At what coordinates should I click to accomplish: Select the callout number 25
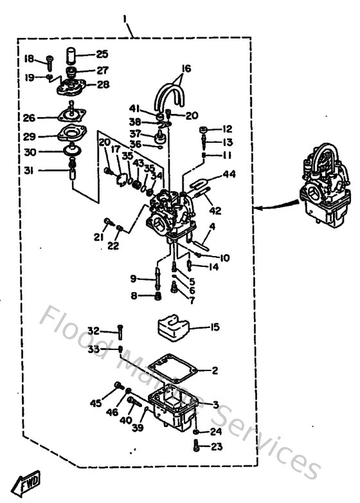pos(103,55)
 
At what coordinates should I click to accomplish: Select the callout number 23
pos(215,446)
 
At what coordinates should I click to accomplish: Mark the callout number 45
pos(96,403)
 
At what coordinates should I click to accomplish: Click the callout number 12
pos(228,129)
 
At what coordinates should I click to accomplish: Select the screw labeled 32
pos(120,333)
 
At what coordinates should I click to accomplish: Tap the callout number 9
pos(133,279)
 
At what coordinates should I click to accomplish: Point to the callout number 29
pos(29,136)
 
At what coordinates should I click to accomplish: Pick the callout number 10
pos(225,258)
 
